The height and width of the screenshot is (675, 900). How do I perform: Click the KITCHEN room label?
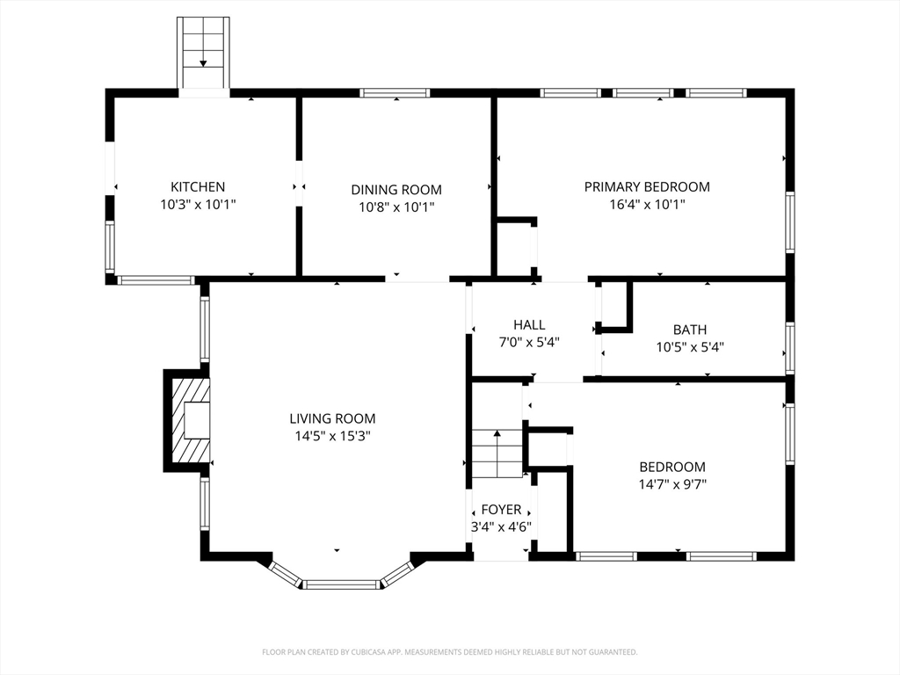tap(198, 186)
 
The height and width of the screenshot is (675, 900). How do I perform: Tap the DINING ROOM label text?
tap(396, 190)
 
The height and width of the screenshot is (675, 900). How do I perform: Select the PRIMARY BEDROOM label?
tap(647, 186)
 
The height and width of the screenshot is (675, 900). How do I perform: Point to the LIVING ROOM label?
tap(332, 418)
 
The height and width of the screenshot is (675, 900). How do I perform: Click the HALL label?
tap(529, 325)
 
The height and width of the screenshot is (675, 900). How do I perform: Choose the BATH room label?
tap(690, 330)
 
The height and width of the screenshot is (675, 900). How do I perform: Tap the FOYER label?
tap(501, 509)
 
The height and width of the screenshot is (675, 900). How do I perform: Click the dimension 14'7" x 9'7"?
tap(672, 484)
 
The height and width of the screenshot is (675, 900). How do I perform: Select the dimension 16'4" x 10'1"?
tap(647, 204)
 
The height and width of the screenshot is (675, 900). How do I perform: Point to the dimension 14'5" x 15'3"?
tap(332, 436)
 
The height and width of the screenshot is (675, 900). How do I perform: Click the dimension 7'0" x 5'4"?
tap(529, 342)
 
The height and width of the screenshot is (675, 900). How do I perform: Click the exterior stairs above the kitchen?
tap(203, 53)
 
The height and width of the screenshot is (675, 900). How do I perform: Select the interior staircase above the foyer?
tap(497, 454)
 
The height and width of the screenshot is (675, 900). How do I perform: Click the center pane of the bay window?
tap(341, 584)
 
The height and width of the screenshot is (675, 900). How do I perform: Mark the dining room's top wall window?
tap(395, 93)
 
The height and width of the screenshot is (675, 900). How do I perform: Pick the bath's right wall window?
tap(790, 348)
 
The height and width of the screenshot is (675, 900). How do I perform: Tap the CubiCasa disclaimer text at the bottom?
tap(449, 652)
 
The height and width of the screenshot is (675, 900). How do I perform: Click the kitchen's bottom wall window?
tap(156, 280)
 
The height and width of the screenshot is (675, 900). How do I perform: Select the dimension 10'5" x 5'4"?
tap(690, 346)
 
